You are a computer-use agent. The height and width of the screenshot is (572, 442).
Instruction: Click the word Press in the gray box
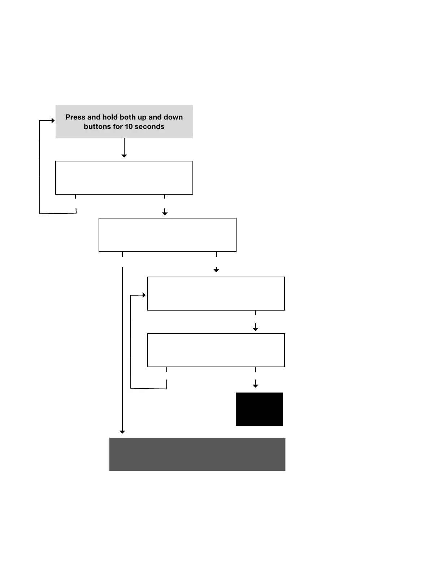pos(75,117)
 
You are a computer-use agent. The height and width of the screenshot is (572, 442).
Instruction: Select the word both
pos(128,117)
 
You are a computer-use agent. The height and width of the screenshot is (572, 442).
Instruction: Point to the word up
pos(142,118)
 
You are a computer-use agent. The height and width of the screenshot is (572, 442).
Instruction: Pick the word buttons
pos(97,127)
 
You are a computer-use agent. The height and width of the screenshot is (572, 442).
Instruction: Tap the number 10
pos(129,127)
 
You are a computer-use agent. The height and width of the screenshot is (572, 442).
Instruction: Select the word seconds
pos(149,127)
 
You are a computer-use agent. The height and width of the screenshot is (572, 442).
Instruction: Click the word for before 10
pos(118,127)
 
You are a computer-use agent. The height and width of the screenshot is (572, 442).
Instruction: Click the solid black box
pos(259,409)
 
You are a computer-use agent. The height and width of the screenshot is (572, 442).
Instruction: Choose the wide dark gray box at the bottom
pos(197,454)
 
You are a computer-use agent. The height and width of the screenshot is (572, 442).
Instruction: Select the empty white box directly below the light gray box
pos(124,178)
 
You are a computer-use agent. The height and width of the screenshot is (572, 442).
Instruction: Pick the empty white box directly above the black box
pos(216,350)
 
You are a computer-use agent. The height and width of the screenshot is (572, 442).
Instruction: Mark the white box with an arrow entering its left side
pos(216,294)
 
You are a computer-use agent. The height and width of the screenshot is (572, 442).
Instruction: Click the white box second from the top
pos(167,235)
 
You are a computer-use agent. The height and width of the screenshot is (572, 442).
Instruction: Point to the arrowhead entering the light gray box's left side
pos(53,121)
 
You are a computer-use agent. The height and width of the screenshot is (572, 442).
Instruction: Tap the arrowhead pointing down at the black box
pos(255,386)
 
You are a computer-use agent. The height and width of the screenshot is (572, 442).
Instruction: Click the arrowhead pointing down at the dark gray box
pos(122,432)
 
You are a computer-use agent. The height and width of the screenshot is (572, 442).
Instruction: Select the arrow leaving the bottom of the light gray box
pos(124,148)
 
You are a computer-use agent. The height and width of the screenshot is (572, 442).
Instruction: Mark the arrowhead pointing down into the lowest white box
pos(255,329)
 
